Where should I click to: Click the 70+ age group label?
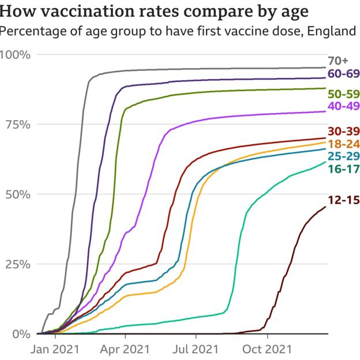tap(338, 61)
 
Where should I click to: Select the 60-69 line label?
tap(344, 74)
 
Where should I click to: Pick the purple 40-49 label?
tap(344, 106)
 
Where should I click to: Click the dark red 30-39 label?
tap(344, 131)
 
